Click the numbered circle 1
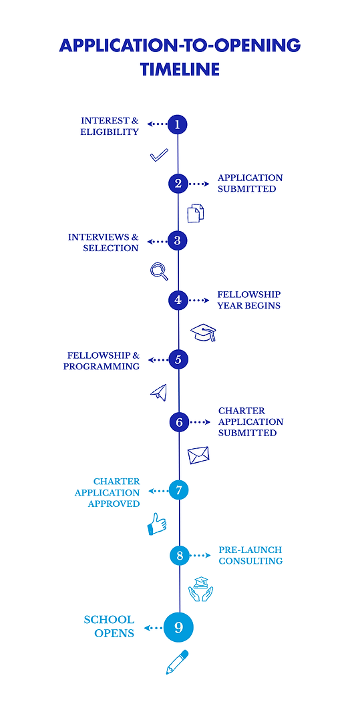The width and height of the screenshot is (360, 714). coord(178,124)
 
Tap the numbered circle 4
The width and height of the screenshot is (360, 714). coord(178,300)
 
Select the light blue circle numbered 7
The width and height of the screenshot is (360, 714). coord(179,490)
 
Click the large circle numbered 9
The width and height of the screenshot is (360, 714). coord(178,627)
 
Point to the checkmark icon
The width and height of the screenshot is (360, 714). coord(159,156)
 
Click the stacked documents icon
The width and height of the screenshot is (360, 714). coord(195,213)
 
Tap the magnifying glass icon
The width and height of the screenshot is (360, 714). coord(159,271)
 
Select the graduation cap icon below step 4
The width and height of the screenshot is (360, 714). coord(204,332)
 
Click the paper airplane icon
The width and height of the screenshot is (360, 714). coord(158,392)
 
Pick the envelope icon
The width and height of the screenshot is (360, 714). coord(198,456)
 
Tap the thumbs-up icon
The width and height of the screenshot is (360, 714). coord(157,524)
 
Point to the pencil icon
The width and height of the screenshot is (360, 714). coord(177,662)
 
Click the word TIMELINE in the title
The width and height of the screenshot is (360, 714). coord(180,69)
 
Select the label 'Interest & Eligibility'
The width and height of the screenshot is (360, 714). coord(110,126)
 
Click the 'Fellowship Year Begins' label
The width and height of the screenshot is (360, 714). coord(248,300)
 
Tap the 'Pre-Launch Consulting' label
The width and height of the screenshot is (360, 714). coord(250,556)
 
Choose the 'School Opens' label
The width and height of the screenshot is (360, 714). coord(109,627)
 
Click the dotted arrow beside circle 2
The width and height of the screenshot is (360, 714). coord(199,184)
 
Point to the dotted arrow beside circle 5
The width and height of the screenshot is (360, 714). coord(158,360)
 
